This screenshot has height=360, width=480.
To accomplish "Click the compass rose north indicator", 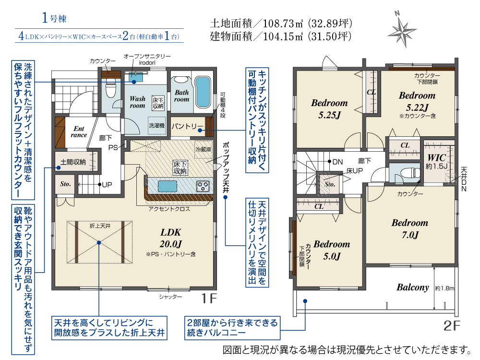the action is coord(402,30).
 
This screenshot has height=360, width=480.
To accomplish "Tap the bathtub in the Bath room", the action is coord(203,92).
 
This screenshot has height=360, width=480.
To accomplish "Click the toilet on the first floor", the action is coord(110,87).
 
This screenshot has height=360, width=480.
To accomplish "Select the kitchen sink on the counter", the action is coord(168,186).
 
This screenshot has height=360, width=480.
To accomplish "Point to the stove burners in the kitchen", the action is coord(203,186).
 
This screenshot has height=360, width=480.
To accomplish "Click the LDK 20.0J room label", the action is coord(170,238).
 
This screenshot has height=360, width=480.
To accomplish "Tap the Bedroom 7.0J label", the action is coord(409,228).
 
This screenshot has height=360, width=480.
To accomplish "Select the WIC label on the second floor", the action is coord(436,158).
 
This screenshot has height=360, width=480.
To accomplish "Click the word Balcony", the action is coord(413,287).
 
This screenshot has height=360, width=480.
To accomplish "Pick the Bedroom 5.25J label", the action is coord(329,108).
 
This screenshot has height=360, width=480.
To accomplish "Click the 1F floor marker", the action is coord(209,298).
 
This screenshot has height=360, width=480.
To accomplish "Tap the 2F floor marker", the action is coord(452,326).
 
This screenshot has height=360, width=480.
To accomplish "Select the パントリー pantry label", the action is coord(187,126).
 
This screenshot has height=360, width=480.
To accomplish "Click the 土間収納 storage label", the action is coord(73,162).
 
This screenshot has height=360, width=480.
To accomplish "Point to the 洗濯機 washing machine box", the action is coord(157,125).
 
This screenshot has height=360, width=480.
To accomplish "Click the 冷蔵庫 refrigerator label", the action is coord(203,149).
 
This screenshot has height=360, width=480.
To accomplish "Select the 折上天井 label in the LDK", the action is coord(100,226).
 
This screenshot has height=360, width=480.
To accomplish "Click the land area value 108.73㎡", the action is coord(283,23).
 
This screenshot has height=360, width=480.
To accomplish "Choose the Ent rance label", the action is coord(79,132).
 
